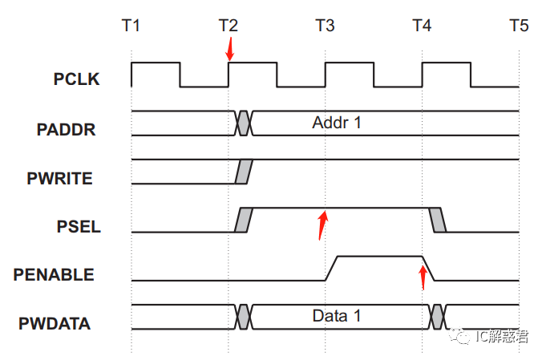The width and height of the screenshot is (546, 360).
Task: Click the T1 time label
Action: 131,25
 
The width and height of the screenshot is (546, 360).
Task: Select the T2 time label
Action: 229,25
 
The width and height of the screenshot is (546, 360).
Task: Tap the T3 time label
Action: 326,25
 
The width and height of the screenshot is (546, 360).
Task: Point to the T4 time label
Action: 422,25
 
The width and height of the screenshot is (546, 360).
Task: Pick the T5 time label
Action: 519,25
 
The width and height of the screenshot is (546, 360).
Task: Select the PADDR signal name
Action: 67,129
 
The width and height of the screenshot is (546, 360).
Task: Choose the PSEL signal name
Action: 79,226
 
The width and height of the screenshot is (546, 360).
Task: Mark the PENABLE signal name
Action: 54,275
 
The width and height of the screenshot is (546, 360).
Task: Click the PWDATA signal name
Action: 55,324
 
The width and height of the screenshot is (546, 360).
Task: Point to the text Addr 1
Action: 337,123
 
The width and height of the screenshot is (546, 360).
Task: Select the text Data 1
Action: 337,316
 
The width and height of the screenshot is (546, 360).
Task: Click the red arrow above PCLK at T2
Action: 230,50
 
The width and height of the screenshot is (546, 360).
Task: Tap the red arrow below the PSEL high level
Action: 322,225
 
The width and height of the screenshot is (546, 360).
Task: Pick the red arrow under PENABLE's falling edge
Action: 423,277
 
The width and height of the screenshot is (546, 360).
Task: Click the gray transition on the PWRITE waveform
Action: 245,172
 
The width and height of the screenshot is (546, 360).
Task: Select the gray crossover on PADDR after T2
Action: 245,123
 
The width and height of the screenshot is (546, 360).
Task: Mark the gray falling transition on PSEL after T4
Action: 437,220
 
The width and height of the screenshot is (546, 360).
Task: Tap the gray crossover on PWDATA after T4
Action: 437,317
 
